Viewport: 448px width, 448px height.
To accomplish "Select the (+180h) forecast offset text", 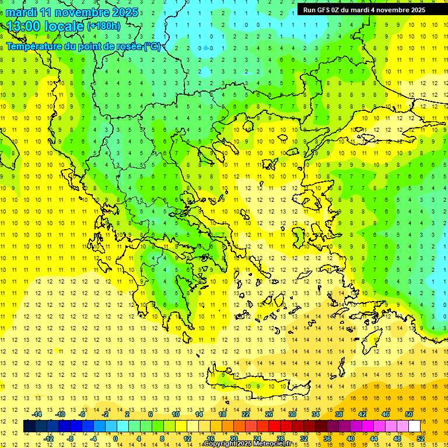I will coord(104,26).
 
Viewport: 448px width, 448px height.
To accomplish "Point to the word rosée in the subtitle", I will coord(127,47).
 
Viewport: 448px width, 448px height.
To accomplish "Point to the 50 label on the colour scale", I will coord(408,414).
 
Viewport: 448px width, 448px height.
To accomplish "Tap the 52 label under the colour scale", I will coord(421,438).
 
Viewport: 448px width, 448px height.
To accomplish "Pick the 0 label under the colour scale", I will coord(116,438).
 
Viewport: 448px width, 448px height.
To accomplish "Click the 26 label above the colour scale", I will coord(269,414).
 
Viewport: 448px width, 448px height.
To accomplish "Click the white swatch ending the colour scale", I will coord(415,426).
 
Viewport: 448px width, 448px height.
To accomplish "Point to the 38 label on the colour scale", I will coord(339,414).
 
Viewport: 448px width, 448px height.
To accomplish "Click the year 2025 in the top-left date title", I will coord(125,12).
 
